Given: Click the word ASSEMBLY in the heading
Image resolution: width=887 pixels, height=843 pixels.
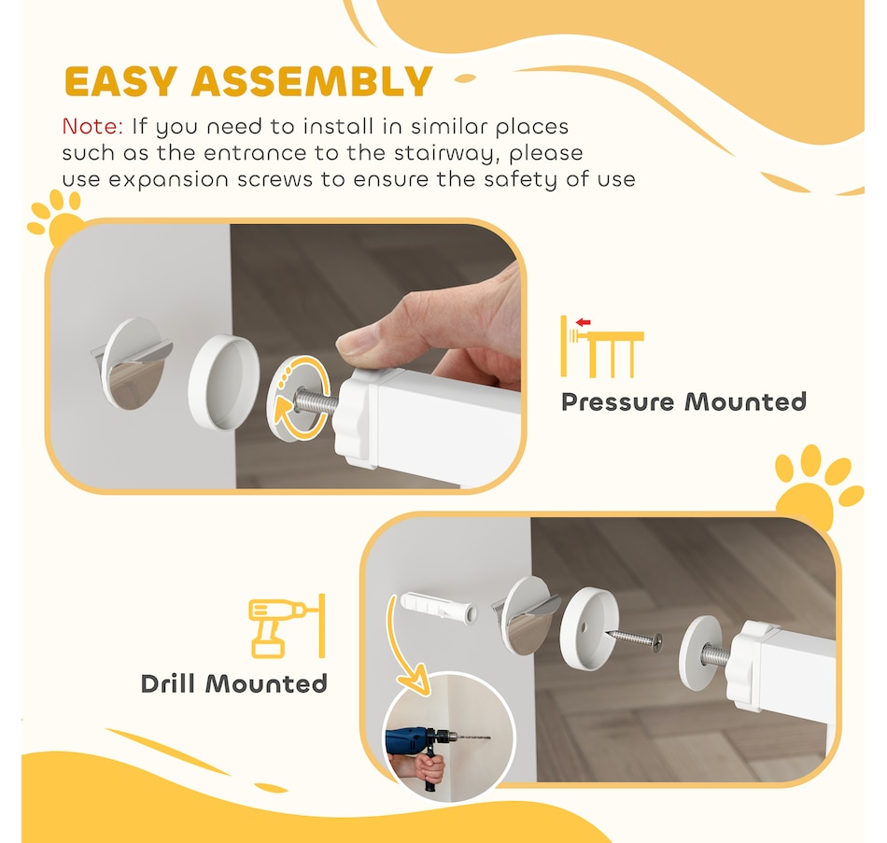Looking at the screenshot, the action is pos(312,81).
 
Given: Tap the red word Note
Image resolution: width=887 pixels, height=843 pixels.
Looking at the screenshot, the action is pos(92,126).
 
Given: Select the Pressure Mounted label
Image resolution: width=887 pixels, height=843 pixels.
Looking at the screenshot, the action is pos(683,401).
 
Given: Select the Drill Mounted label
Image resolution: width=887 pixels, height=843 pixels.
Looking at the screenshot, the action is pos(233,683).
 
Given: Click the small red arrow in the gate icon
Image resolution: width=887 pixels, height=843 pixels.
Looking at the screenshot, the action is pos(583,322).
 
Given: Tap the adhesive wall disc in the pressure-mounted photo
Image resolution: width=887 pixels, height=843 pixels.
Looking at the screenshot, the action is pos(133,362).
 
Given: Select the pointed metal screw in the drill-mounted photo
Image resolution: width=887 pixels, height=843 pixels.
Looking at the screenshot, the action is pos(634,639).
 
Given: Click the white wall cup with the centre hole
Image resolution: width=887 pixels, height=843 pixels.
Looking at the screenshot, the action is pos(589,628).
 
